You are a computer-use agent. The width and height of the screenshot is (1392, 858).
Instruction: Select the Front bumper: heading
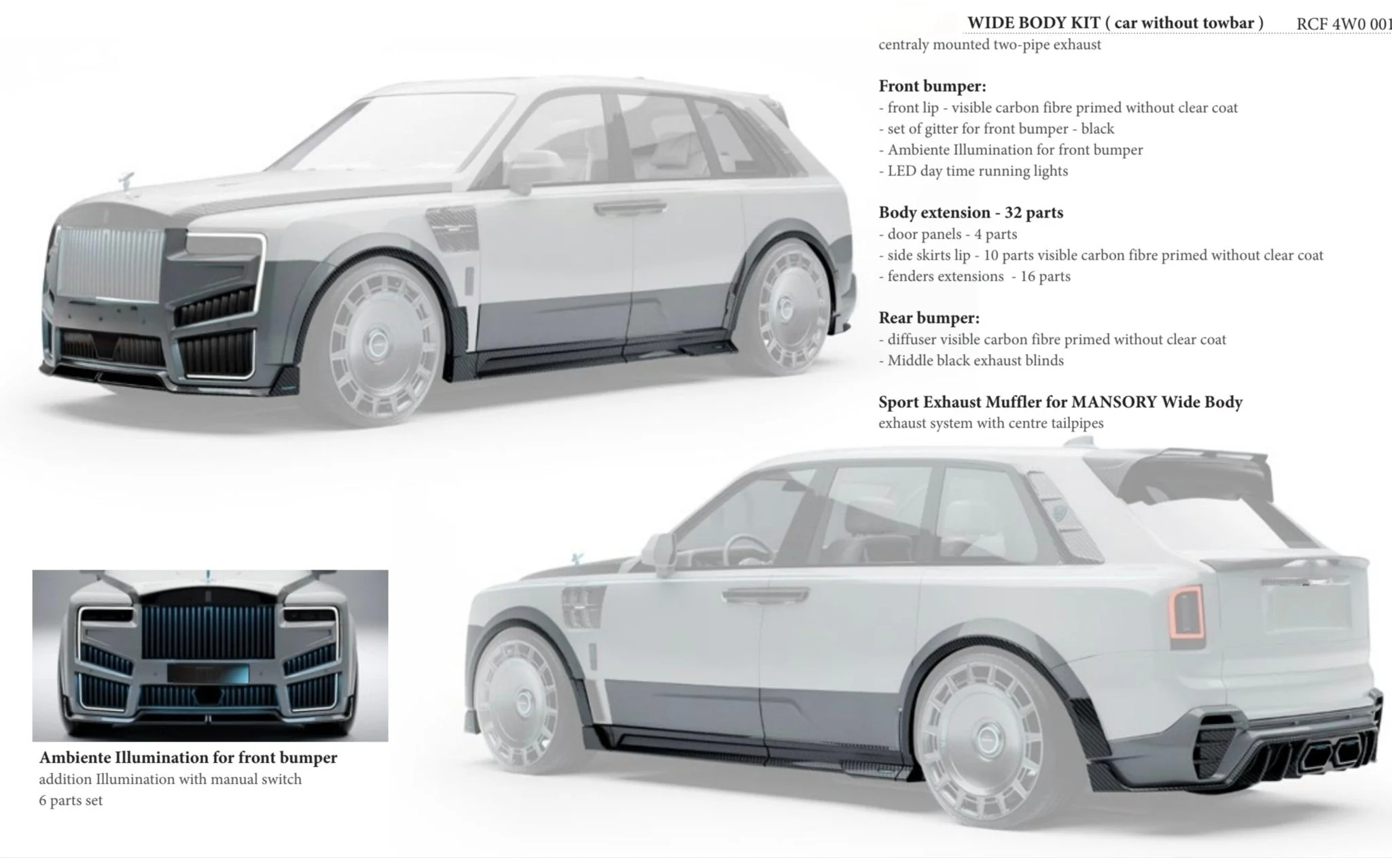(932, 86)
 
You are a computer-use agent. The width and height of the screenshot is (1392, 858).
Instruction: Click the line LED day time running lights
(978, 171)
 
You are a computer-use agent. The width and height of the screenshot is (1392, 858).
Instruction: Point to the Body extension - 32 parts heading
(971, 213)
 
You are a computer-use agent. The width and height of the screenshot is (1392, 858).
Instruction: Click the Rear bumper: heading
(929, 318)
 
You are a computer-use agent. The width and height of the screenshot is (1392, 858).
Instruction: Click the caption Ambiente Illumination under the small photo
(188, 757)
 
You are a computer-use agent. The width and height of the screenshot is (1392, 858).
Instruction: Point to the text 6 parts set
(71, 800)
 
